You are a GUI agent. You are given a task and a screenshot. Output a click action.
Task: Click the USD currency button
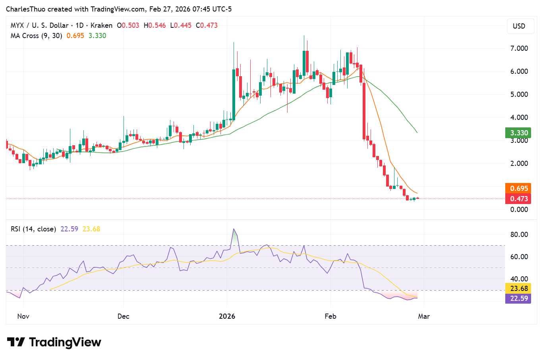coord(519,26)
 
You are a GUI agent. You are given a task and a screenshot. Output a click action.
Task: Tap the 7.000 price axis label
coord(519,48)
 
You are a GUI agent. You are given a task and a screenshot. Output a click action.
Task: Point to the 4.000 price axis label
coord(519,117)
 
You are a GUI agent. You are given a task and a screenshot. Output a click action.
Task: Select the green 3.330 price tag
coord(519,133)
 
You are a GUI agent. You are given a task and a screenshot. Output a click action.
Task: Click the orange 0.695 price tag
coord(519,189)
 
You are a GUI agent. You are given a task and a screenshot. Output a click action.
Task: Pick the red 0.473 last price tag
coord(519,199)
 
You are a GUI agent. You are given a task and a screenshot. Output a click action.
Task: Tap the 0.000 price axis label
coord(519,210)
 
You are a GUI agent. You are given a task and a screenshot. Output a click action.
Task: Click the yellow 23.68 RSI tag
coord(519,289)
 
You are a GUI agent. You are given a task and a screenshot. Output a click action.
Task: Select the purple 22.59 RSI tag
coord(519,298)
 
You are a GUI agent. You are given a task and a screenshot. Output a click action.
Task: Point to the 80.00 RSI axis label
coord(519,235)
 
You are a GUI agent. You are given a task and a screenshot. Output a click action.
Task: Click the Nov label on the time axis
coord(23,316)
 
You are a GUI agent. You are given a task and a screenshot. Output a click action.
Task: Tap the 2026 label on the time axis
coord(227,316)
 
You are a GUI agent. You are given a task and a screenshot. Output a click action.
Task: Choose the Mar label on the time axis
coord(424,316)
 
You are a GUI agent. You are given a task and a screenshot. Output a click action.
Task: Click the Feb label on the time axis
coord(330,316)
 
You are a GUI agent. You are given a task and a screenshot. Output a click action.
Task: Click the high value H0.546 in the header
coord(155,25)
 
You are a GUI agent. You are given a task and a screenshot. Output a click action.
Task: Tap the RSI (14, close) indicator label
coord(33,229)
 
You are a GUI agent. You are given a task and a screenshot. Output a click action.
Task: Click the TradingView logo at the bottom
coord(54,342)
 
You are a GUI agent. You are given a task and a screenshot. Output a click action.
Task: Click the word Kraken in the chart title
coord(101,25)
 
